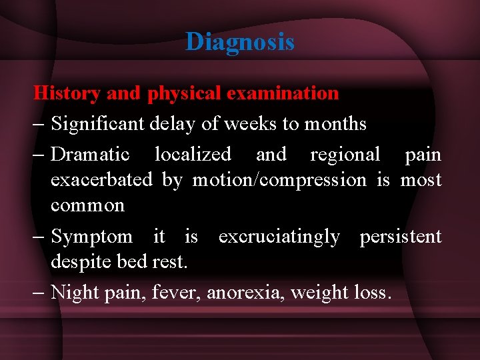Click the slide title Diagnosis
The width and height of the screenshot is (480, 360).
(240, 42)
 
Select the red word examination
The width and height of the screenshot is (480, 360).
(283, 93)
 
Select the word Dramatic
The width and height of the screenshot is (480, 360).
(90, 155)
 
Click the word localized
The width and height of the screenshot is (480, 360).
(193, 155)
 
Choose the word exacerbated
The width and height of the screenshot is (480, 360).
(101, 180)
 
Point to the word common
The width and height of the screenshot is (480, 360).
(87, 206)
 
